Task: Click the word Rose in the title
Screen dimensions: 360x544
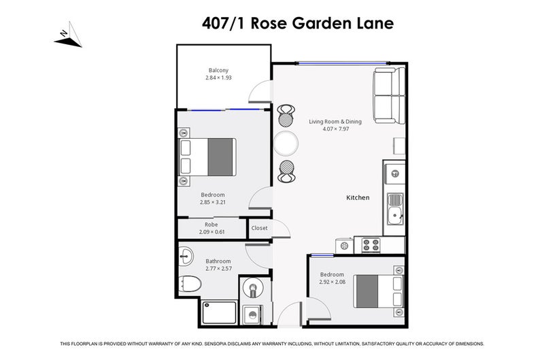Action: click(x=270, y=23)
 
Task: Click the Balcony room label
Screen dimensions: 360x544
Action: click(x=218, y=70)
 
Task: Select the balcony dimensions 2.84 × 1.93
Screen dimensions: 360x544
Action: click(x=218, y=78)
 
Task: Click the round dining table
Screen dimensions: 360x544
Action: click(x=286, y=143)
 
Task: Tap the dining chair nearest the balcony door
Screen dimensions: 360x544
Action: click(x=286, y=117)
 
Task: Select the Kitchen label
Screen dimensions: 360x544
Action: click(x=358, y=198)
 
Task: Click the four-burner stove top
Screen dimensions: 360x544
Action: click(x=371, y=244)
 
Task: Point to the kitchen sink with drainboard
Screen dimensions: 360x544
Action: click(x=394, y=210)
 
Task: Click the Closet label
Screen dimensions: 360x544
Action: click(x=259, y=228)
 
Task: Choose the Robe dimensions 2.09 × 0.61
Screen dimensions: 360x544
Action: click(x=211, y=232)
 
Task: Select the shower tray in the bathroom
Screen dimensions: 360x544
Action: click(x=219, y=313)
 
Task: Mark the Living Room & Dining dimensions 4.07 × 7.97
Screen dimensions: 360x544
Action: click(x=335, y=129)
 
